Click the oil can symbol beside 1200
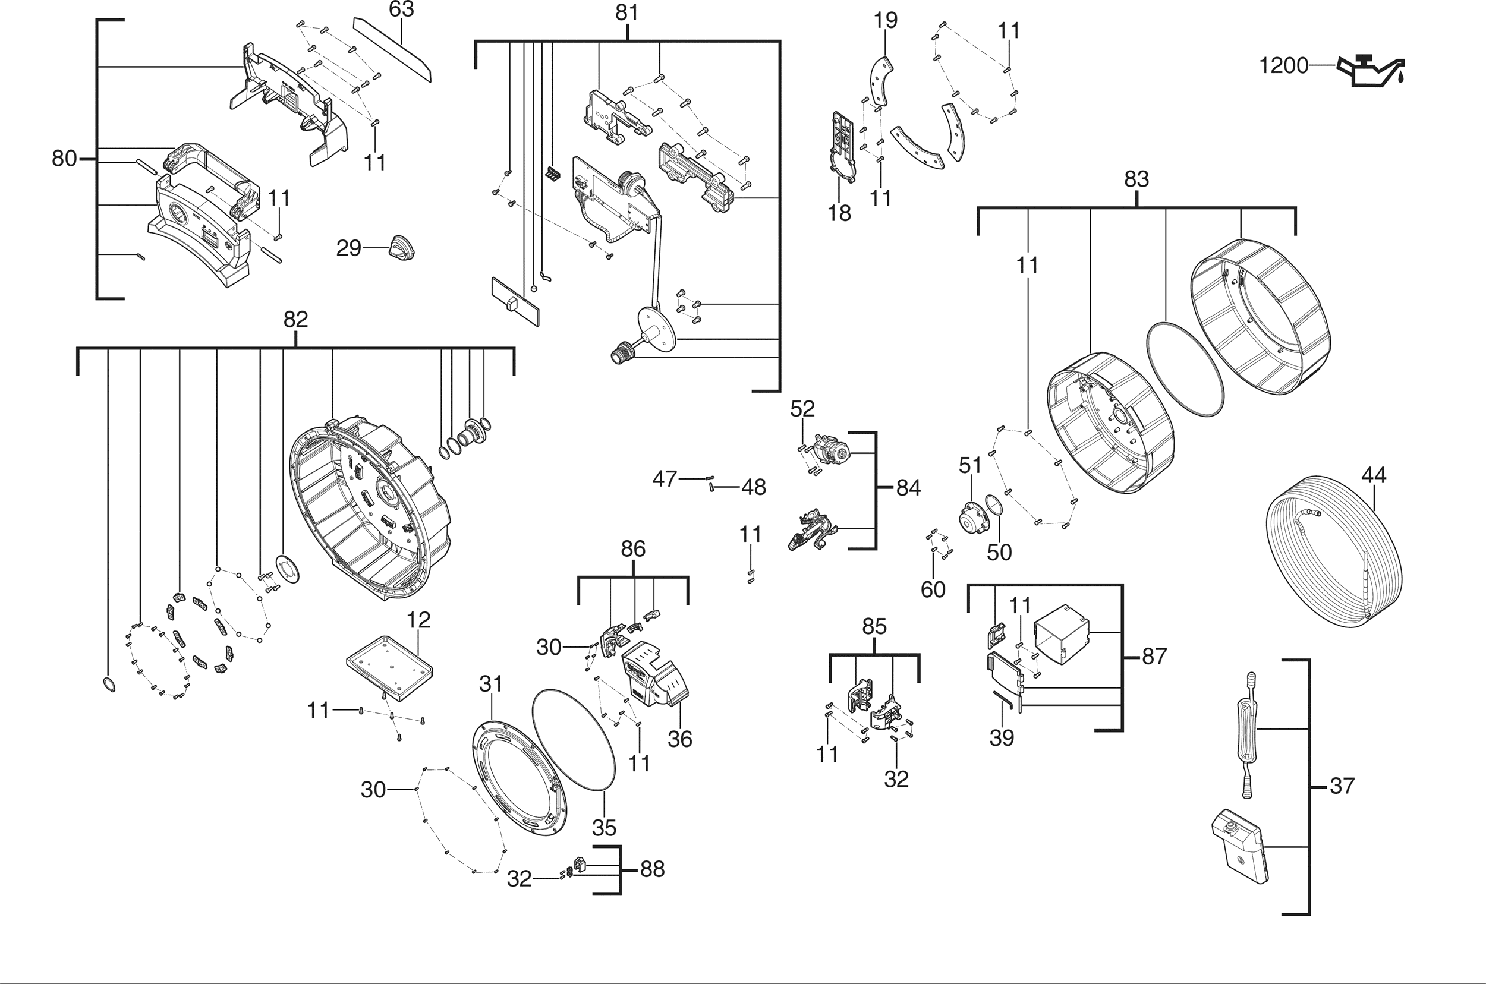[x=1371, y=71]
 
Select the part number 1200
[x=1284, y=66]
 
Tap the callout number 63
[x=401, y=10]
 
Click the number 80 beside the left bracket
[x=64, y=158]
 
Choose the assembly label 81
[x=626, y=12]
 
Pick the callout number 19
[x=885, y=20]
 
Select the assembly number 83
[x=1136, y=179]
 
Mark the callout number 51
[x=970, y=465]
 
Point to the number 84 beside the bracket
[x=908, y=488]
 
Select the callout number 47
[x=665, y=479]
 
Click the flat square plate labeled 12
[x=390, y=667]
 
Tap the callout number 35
[x=604, y=828]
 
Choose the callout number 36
[x=680, y=739]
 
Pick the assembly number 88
[x=652, y=869]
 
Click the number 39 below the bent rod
[x=1002, y=738]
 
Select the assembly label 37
[x=1342, y=785]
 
